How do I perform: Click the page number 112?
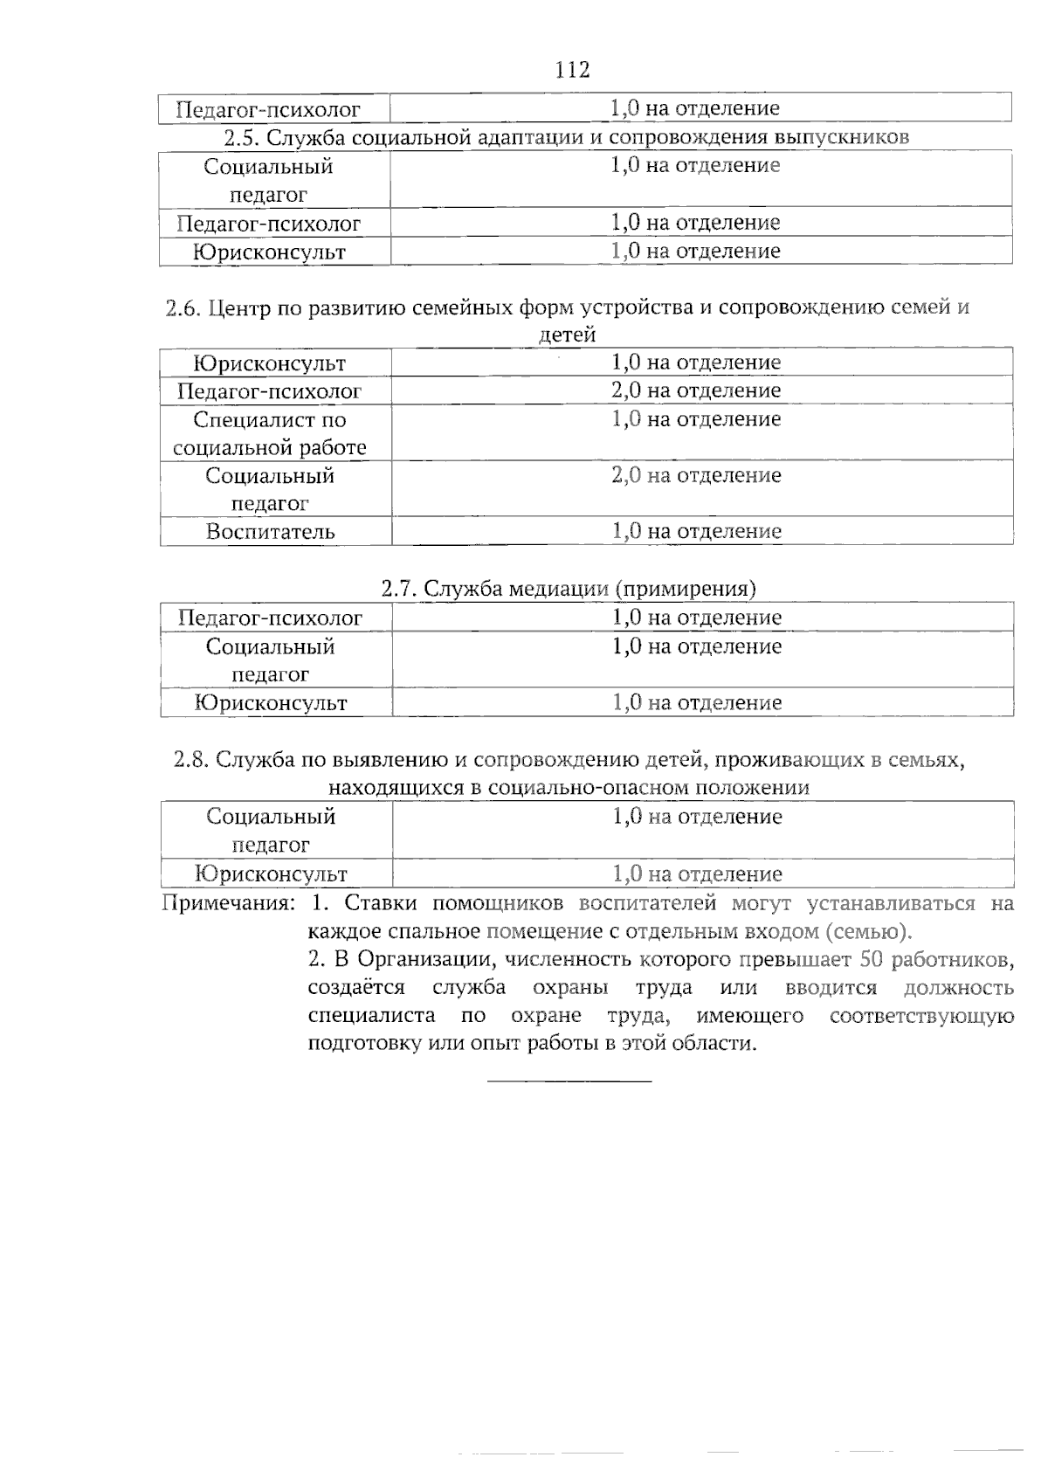tap(573, 70)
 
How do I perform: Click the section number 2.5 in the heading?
tap(241, 137)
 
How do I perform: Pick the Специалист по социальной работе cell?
tap(270, 434)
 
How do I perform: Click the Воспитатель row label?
tap(271, 532)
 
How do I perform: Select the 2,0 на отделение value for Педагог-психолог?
tap(696, 390)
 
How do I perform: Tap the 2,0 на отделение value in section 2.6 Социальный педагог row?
tap(696, 476)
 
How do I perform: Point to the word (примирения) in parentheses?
tap(686, 589)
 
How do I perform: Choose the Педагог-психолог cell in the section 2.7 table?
tap(270, 618)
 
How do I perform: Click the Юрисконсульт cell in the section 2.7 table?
tap(271, 703)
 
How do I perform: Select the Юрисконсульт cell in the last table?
tap(271, 874)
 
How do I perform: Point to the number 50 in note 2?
tap(872, 960)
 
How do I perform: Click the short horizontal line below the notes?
tap(569, 1082)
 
